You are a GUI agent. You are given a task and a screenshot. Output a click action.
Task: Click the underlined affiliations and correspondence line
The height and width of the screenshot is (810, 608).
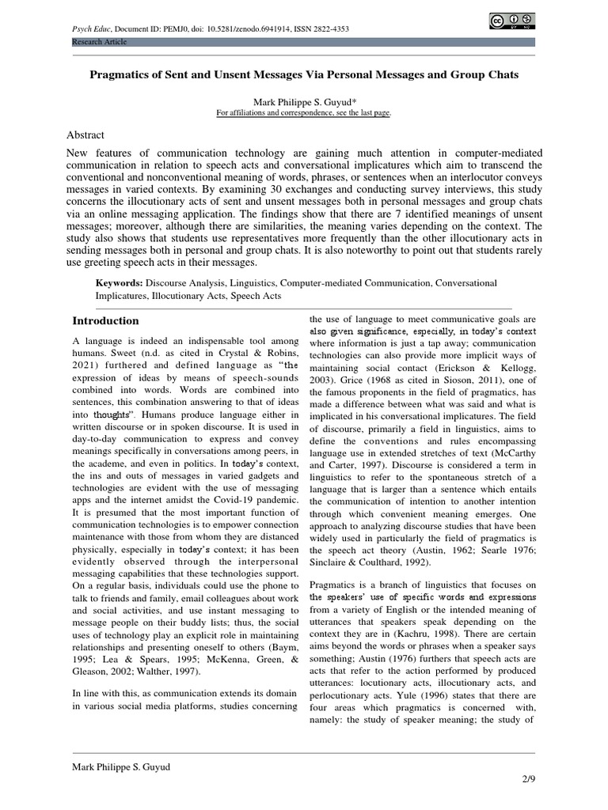click(x=303, y=113)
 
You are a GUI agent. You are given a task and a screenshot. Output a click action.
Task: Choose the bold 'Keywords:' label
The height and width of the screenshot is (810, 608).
click(x=119, y=282)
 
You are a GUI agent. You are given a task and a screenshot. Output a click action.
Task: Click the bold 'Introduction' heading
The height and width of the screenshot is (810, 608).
click(x=105, y=320)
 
